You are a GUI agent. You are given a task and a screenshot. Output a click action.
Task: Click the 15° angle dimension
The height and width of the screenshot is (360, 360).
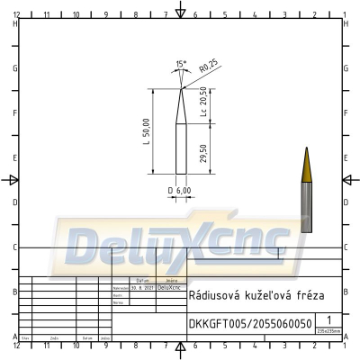click(x=181, y=64)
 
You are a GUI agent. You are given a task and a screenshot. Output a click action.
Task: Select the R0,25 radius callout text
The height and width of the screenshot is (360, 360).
click(x=209, y=67)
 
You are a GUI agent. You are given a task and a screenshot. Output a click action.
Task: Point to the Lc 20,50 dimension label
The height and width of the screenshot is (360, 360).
click(x=204, y=103)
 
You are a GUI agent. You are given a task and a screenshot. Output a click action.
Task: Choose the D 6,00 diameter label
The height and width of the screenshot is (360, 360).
click(x=179, y=191)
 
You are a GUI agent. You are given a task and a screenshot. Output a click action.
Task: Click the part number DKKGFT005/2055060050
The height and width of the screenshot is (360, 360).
click(x=250, y=323)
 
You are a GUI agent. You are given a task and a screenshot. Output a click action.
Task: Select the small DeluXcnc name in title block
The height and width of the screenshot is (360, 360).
click(x=168, y=288)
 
